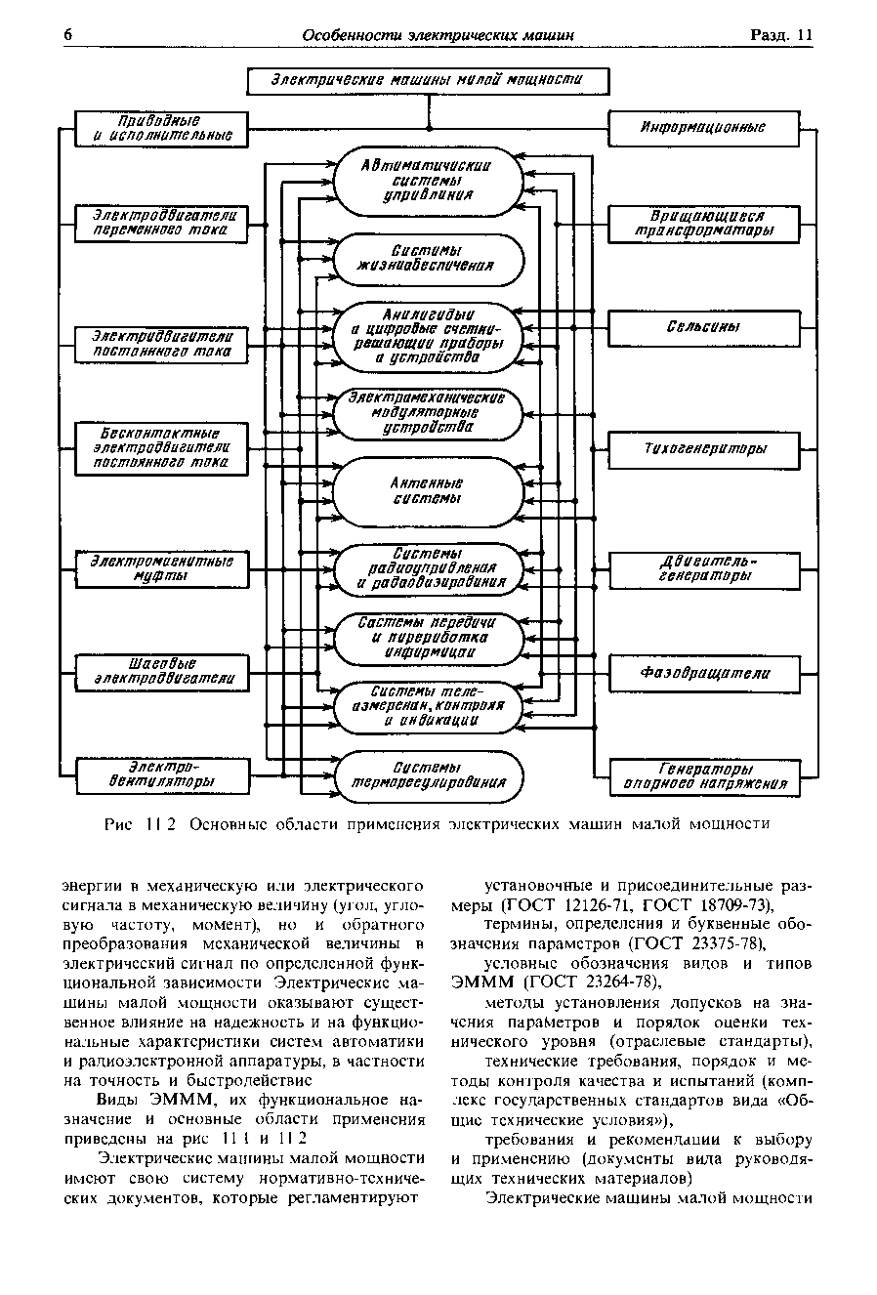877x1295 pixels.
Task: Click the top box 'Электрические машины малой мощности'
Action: click(427, 81)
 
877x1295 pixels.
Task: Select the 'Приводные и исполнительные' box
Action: click(162, 129)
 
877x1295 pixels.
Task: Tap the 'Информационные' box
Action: click(703, 128)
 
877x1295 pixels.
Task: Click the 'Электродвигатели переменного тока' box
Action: click(162, 223)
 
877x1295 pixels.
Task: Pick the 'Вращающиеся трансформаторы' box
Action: click(703, 224)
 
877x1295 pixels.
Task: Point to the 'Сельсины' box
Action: click(703, 327)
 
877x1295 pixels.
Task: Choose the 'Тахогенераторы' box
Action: click(703, 448)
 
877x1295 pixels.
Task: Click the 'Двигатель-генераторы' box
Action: click(703, 569)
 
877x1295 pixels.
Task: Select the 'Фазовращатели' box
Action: click(703, 673)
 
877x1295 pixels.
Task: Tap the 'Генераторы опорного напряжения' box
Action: click(703, 775)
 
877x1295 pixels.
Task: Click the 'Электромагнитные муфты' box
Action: click(162, 569)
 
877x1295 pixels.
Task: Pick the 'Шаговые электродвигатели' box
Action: click(162, 672)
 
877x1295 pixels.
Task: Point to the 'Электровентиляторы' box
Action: click(162, 774)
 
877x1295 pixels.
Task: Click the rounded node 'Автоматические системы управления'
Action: click(429, 180)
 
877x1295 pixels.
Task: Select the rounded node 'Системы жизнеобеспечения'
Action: click(429, 258)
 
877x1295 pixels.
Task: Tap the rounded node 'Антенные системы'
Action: click(429, 491)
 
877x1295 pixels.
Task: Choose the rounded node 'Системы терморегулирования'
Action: click(429, 775)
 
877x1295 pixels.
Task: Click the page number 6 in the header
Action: click(68, 35)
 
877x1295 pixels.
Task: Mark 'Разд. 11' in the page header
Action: click(780, 35)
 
